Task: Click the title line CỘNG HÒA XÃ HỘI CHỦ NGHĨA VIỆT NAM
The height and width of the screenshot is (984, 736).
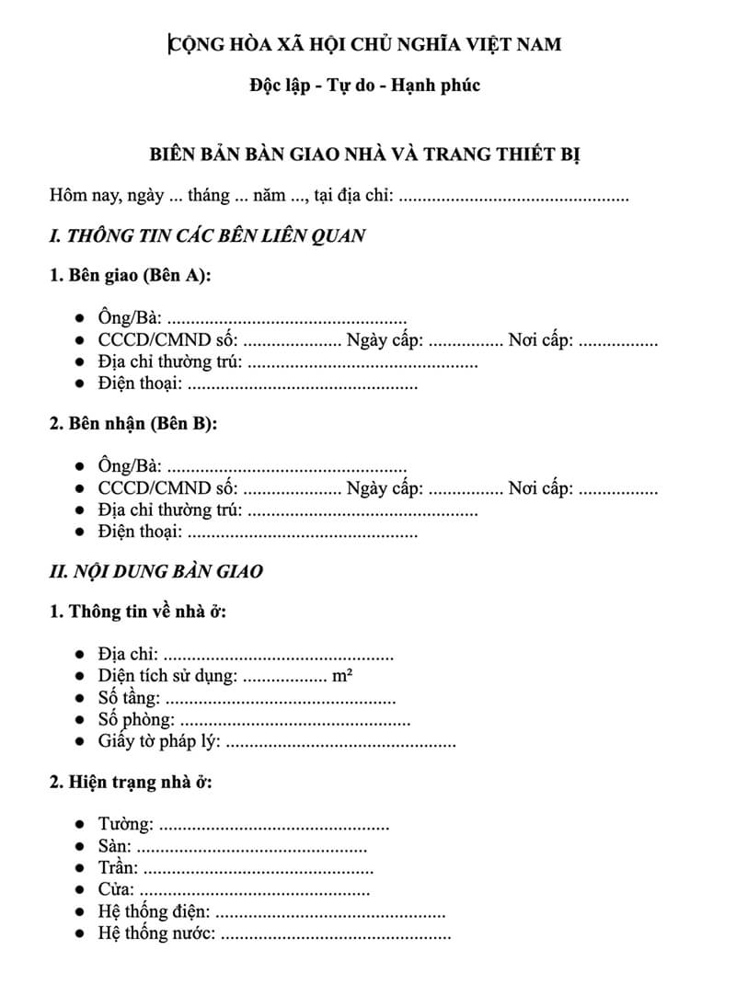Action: (365, 43)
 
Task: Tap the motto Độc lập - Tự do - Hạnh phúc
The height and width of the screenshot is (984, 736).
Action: (364, 86)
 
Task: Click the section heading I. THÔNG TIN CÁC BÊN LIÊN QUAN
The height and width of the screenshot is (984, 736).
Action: (207, 235)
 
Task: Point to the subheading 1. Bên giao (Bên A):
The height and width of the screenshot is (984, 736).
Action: (131, 276)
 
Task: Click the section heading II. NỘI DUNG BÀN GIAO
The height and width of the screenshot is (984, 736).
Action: (155, 571)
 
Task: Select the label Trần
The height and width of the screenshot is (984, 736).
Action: (118, 868)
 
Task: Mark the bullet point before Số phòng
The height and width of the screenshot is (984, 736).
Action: (81, 721)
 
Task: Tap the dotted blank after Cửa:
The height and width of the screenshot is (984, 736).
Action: (255, 890)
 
